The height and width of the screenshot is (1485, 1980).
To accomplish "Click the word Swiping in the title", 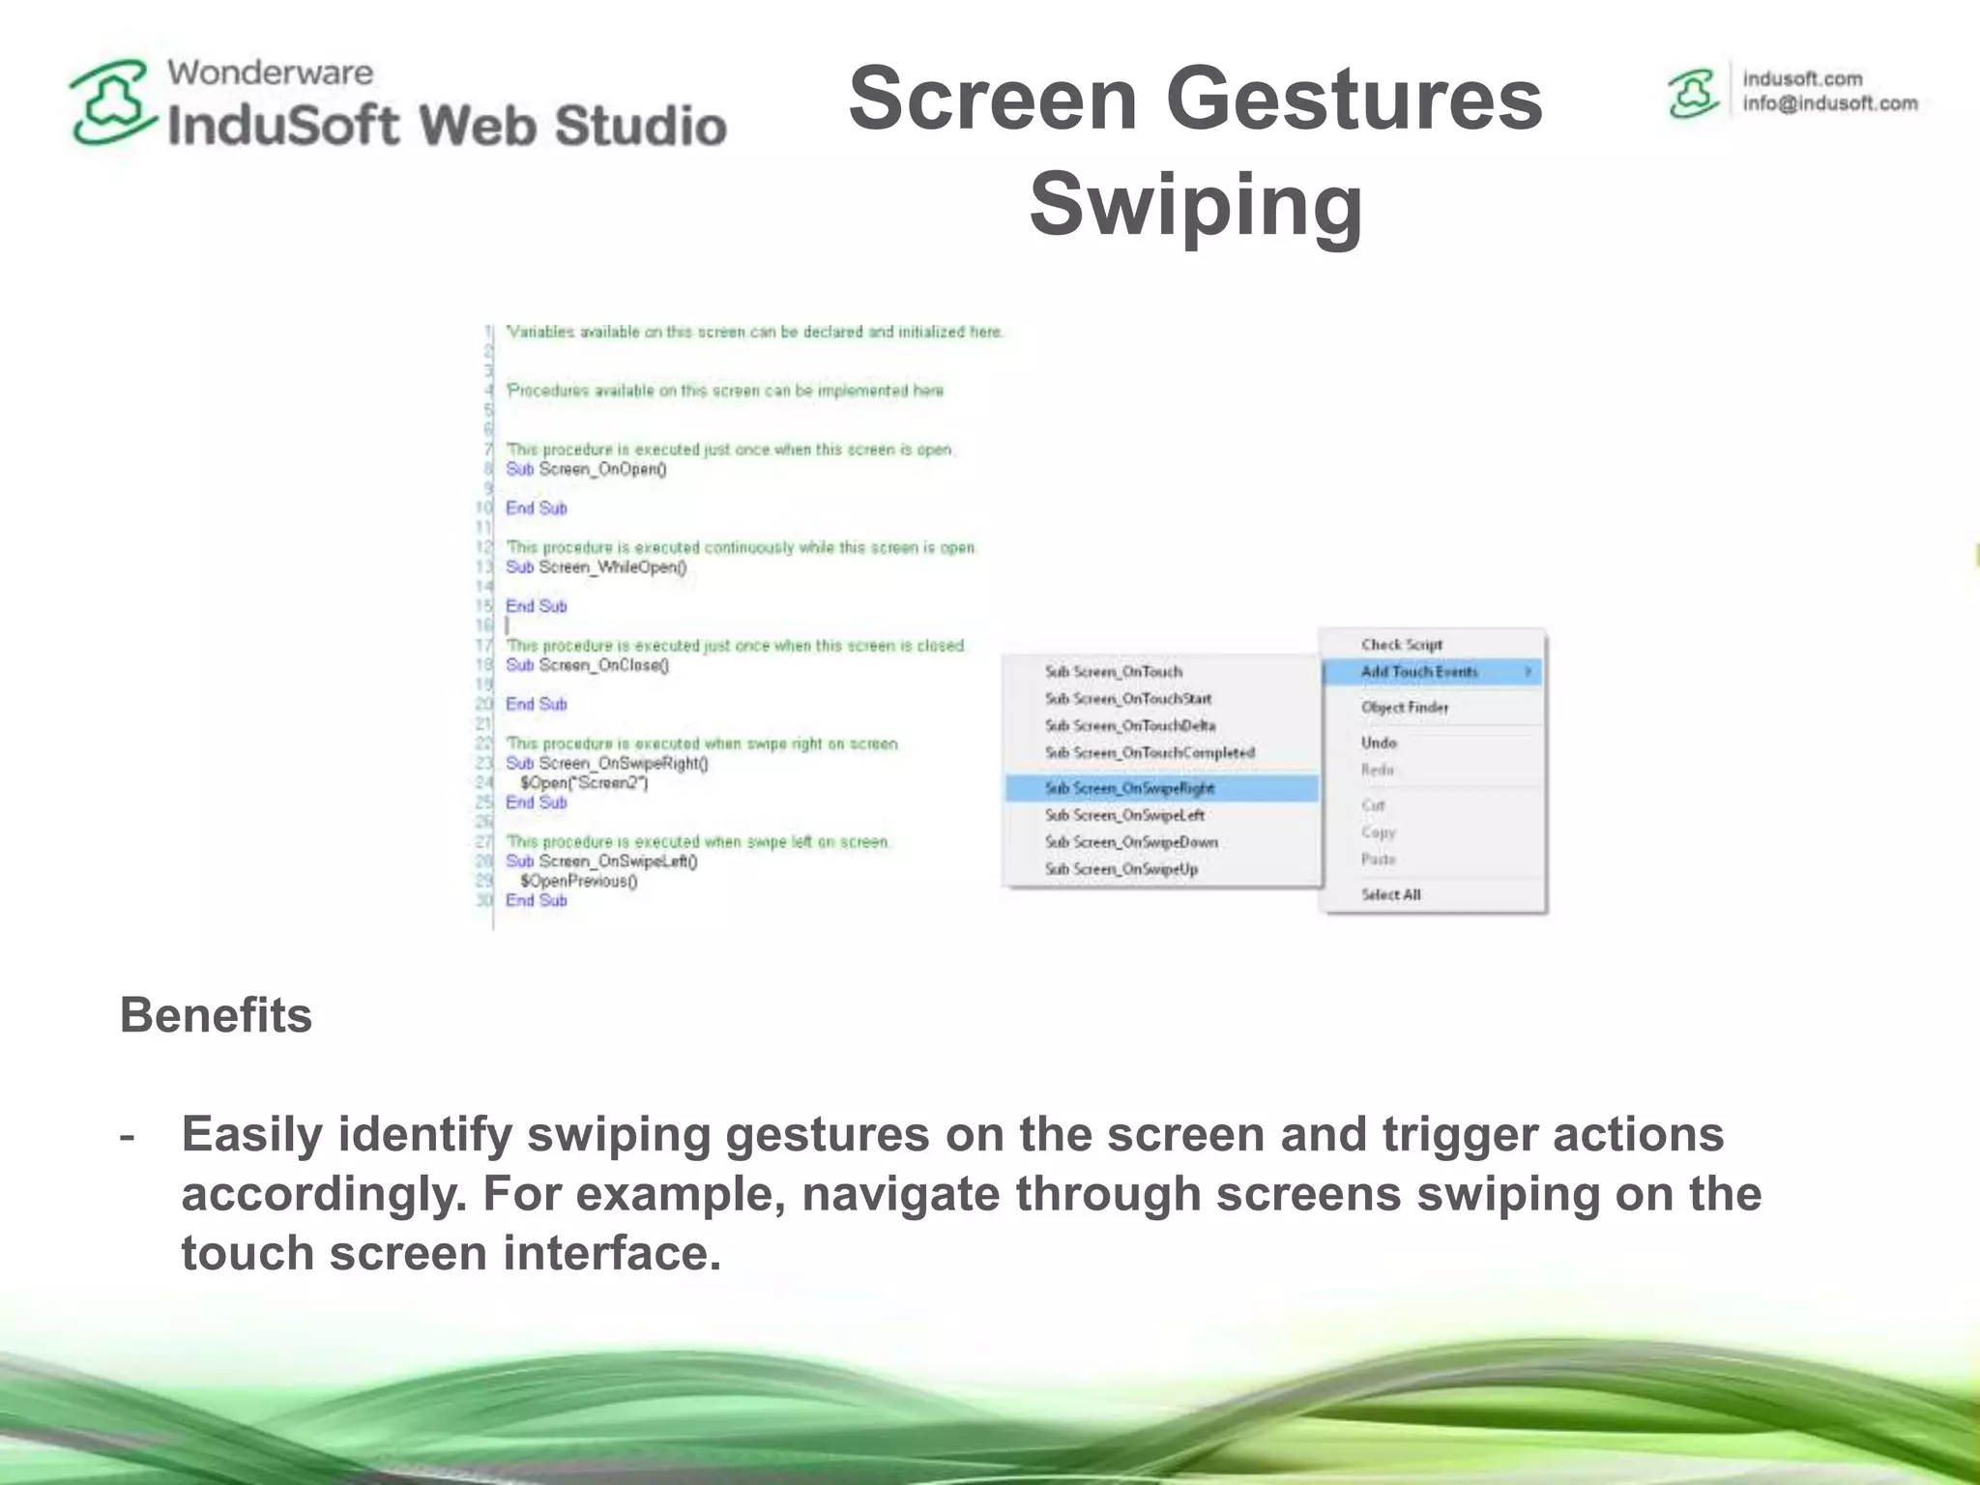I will point(1196,204).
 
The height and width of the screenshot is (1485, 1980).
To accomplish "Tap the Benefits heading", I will point(216,1015).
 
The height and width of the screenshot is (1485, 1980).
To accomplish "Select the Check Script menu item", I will point(1401,644).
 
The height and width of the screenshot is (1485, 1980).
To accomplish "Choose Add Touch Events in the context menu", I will point(1419,672).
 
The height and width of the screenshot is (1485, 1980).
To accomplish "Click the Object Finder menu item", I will point(1405,708).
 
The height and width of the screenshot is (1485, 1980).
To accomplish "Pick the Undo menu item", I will point(1379,742).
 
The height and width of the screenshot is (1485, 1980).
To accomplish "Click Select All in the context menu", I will point(1390,894).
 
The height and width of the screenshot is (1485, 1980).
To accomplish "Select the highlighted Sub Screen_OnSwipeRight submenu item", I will point(1129,788).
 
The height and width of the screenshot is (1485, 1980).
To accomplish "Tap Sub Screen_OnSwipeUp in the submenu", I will point(1121,869).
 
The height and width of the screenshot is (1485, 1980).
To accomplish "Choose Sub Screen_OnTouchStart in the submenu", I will point(1127,698).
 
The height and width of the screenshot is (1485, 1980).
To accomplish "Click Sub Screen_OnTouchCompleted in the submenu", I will point(1150,752).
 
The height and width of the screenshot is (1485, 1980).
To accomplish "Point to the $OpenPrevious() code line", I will point(578,881).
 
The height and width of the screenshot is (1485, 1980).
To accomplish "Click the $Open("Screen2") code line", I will point(584,783).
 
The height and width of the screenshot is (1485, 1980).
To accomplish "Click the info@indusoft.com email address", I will point(1829,103).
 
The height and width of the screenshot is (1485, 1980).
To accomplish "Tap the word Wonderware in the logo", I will point(270,73).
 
